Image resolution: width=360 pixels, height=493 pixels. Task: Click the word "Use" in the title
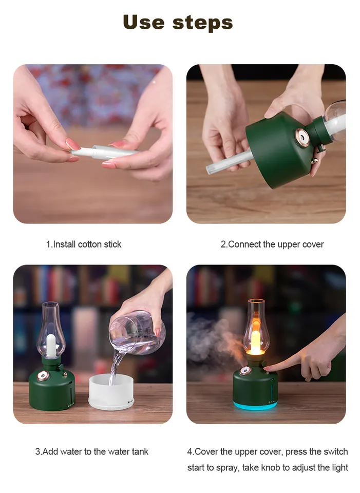tap(144, 22)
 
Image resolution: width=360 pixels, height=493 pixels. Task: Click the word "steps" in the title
tap(203, 23)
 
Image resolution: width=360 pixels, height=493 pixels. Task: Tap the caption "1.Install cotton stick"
tap(84, 244)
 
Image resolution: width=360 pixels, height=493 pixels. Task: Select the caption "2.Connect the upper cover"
tap(272, 244)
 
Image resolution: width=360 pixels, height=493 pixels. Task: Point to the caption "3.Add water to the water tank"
tap(91, 452)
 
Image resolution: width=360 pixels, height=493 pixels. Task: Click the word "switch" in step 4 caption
tap(335, 452)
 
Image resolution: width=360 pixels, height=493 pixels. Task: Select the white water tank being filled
tap(110, 392)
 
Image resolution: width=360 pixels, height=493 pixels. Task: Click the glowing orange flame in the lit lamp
tap(255, 339)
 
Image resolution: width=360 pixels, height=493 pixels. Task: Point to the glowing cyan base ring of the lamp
tap(255, 406)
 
